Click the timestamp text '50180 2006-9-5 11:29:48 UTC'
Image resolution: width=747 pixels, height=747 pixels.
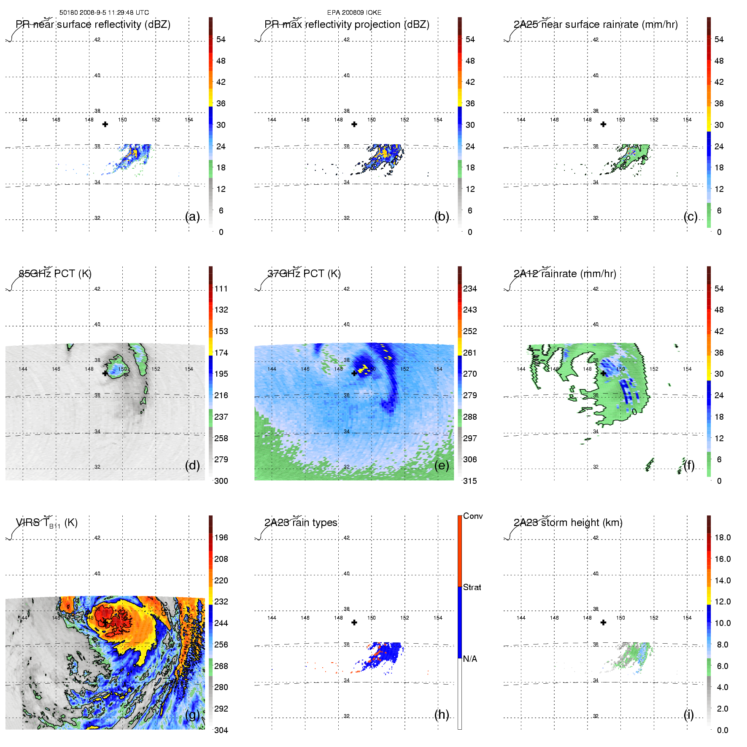click(x=104, y=13)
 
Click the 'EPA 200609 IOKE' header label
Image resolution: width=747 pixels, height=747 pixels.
click(x=354, y=13)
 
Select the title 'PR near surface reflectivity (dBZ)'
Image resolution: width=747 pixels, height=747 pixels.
click(x=93, y=24)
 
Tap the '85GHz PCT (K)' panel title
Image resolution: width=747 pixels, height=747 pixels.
click(x=55, y=274)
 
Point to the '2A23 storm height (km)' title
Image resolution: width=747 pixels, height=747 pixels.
click(x=568, y=523)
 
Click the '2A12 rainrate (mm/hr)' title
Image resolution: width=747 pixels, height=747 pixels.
click(x=565, y=274)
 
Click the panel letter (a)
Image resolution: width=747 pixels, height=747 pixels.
click(x=192, y=216)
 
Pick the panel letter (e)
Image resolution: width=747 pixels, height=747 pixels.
click(x=442, y=465)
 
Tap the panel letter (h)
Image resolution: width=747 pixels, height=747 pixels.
click(x=442, y=715)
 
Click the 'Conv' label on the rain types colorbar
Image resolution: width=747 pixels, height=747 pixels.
click(x=473, y=516)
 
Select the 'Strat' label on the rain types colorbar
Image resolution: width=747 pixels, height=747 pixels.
click(x=472, y=588)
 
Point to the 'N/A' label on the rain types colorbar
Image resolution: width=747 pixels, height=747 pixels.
click(x=470, y=659)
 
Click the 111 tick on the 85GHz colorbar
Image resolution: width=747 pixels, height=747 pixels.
click(x=221, y=289)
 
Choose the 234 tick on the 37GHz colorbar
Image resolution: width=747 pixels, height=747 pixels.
click(x=470, y=289)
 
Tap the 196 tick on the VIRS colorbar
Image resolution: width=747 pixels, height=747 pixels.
click(x=221, y=538)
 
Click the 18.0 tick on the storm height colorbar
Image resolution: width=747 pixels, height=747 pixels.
click(x=723, y=538)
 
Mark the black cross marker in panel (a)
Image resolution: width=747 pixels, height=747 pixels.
click(x=105, y=124)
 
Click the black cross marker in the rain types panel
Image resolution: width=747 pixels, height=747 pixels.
click(x=354, y=622)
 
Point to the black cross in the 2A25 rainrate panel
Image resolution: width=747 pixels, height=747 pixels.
click(x=604, y=124)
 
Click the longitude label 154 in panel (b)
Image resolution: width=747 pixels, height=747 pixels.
click(x=438, y=120)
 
